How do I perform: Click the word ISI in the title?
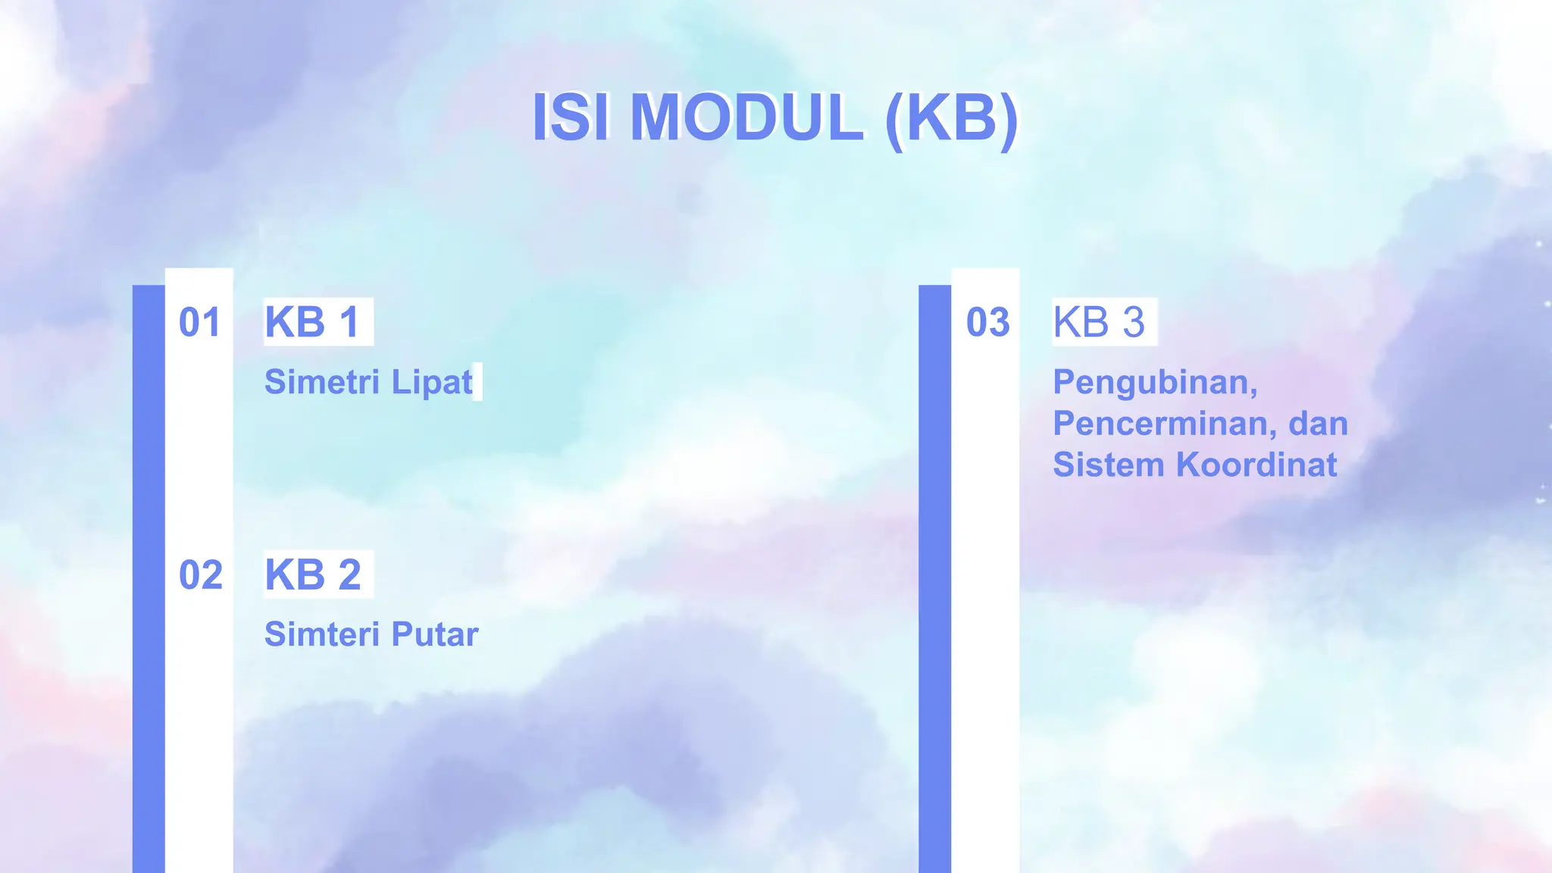click(571, 117)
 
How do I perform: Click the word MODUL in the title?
click(746, 117)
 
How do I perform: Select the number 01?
click(199, 322)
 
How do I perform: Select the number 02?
click(200, 574)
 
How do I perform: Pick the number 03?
click(987, 322)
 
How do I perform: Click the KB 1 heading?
click(312, 322)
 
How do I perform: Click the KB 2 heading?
click(312, 574)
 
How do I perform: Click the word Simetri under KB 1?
click(321, 381)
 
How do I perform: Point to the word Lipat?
click(432, 383)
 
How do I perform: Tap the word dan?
click(1318, 424)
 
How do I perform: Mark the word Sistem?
click(1107, 465)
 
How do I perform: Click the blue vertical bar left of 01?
click(149, 576)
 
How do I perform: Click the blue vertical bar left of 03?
click(934, 576)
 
